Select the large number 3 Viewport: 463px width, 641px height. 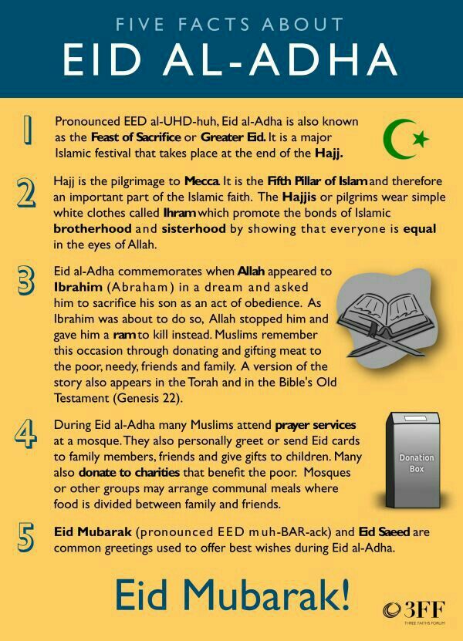26,279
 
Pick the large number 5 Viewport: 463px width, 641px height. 26,538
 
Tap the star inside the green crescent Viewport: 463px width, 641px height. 420,139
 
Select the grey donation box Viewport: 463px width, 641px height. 416,461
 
